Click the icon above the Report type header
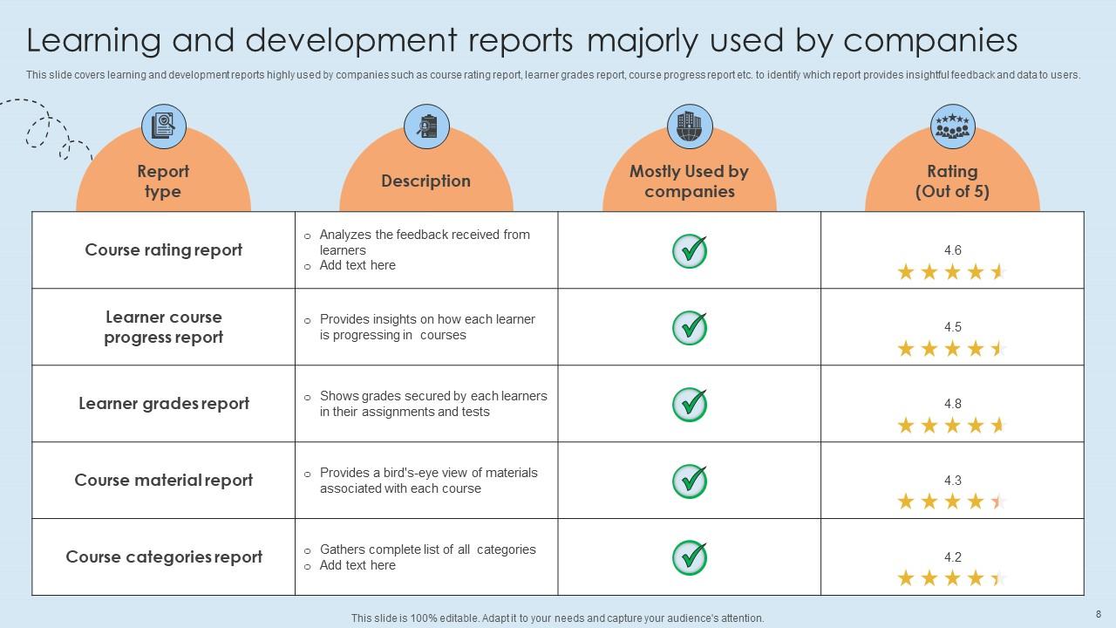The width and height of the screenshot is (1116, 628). click(163, 126)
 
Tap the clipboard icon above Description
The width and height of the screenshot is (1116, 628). click(426, 126)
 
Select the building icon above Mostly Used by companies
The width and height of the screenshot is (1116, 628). click(690, 126)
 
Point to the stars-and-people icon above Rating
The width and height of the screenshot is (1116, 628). click(952, 126)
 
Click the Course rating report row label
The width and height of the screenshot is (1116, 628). click(164, 250)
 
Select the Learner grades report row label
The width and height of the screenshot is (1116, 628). click(164, 404)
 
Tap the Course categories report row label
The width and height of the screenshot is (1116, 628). click(164, 557)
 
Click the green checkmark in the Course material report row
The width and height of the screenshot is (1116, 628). click(690, 481)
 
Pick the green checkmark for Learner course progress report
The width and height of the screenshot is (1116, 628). click(690, 327)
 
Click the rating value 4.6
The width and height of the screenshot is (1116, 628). click(952, 250)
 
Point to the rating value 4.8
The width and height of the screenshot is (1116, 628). click(952, 404)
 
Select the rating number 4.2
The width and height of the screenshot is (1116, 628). click(952, 557)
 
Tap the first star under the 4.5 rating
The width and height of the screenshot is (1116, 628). click(906, 349)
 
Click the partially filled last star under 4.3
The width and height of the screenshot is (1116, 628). click(998, 502)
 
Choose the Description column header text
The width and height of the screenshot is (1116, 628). click(425, 181)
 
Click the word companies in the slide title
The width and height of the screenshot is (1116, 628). click(930, 41)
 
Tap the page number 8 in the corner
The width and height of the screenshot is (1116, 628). click(1098, 614)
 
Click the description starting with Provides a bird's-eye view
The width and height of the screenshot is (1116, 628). click(428, 481)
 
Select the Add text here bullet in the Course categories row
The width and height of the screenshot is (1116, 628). click(357, 565)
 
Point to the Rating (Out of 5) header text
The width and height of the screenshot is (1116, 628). click(952, 181)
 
